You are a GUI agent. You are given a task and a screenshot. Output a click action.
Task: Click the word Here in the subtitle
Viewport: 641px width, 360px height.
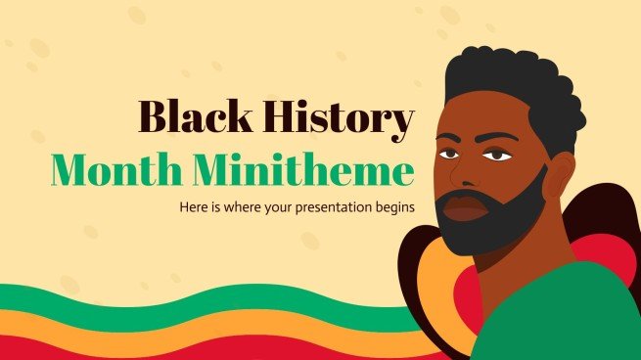click(x=193, y=206)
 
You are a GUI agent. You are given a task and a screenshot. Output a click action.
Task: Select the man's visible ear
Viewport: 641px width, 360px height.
click(x=559, y=179)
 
